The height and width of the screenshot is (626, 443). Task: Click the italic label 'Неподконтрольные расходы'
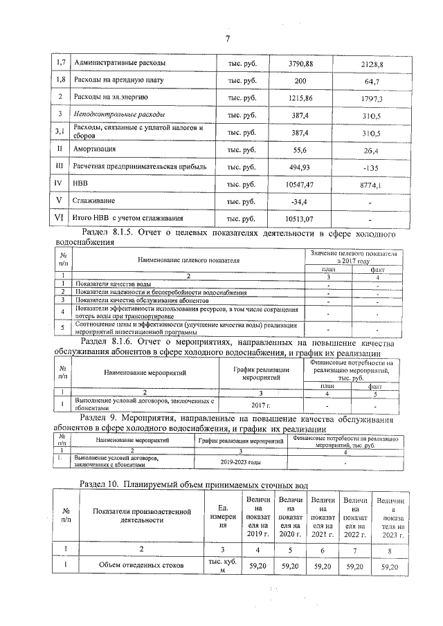120,114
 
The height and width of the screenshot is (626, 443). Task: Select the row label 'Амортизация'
94,149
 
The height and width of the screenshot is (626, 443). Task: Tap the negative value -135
372,167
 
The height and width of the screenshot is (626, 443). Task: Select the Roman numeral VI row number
60,218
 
